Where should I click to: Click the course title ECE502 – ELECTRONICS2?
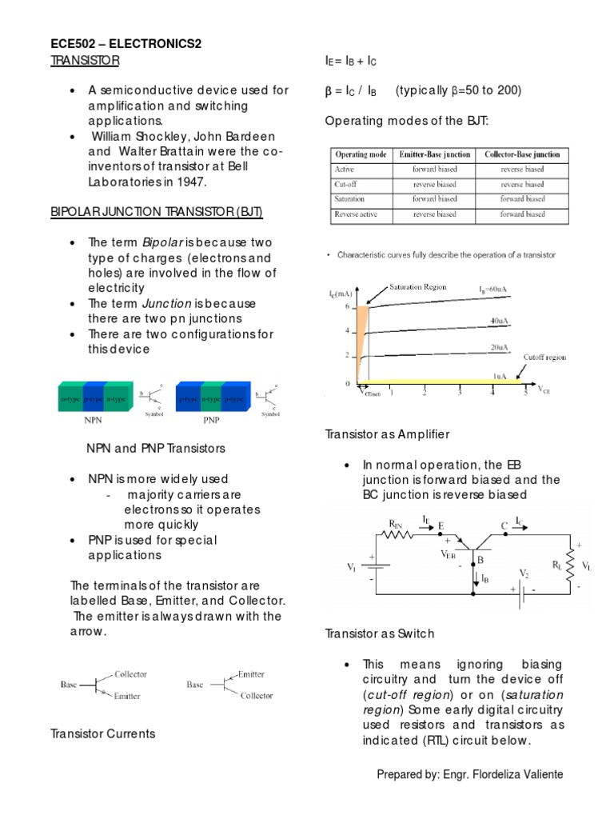point(126,44)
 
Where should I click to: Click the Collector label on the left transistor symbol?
point(131,674)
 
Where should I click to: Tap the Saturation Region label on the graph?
point(418,286)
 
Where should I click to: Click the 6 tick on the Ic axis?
point(347,306)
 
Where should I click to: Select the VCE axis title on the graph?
point(544,390)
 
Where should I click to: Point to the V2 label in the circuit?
point(524,574)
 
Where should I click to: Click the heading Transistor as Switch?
point(380,633)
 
